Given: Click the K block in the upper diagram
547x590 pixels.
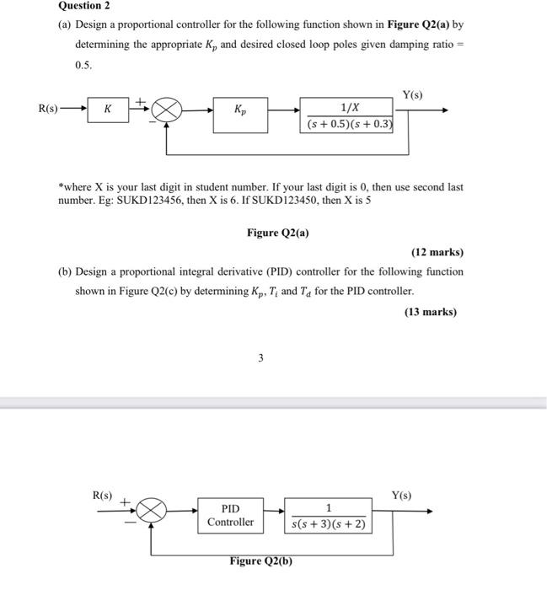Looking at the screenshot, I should (107, 110).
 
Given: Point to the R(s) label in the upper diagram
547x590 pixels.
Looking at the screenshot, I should (48, 109).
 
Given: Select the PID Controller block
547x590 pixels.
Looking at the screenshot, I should (230, 515).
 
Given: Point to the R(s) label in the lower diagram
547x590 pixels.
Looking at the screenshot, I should (102, 496).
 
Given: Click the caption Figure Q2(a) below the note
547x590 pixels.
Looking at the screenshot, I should (277, 233).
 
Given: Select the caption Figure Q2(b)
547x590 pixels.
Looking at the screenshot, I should (261, 561).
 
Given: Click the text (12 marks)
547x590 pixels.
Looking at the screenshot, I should (437, 252).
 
